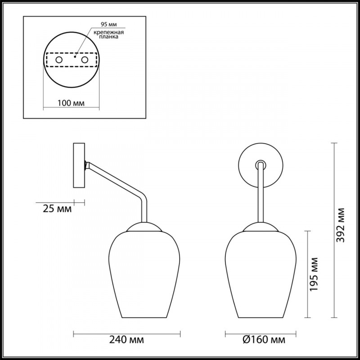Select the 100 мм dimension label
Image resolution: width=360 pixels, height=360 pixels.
tap(71, 103)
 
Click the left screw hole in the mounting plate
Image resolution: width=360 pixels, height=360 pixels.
tap(58, 59)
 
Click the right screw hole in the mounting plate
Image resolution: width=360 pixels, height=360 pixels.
tap(84, 59)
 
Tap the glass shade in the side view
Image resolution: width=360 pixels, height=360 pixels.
tap(145, 274)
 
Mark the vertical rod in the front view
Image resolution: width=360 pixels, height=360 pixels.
tap(260, 193)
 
